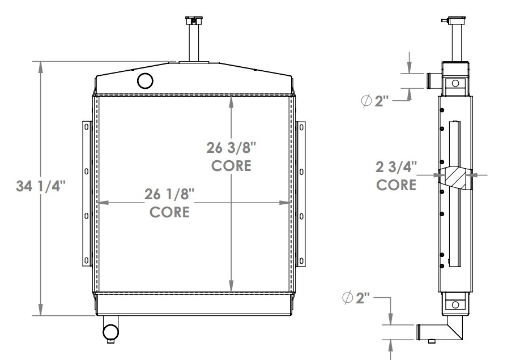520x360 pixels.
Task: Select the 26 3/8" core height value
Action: pos(232,149)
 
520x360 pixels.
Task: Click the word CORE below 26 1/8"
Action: pos(169,213)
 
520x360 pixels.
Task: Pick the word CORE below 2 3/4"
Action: pos(397,185)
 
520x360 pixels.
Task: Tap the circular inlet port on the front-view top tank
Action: pos(146,81)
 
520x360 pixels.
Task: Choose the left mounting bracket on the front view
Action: pos(87,194)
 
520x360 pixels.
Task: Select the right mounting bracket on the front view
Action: pos(301,194)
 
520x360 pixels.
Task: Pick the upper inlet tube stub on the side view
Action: pos(433,80)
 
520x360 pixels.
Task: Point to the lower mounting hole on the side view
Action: pos(454,305)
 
